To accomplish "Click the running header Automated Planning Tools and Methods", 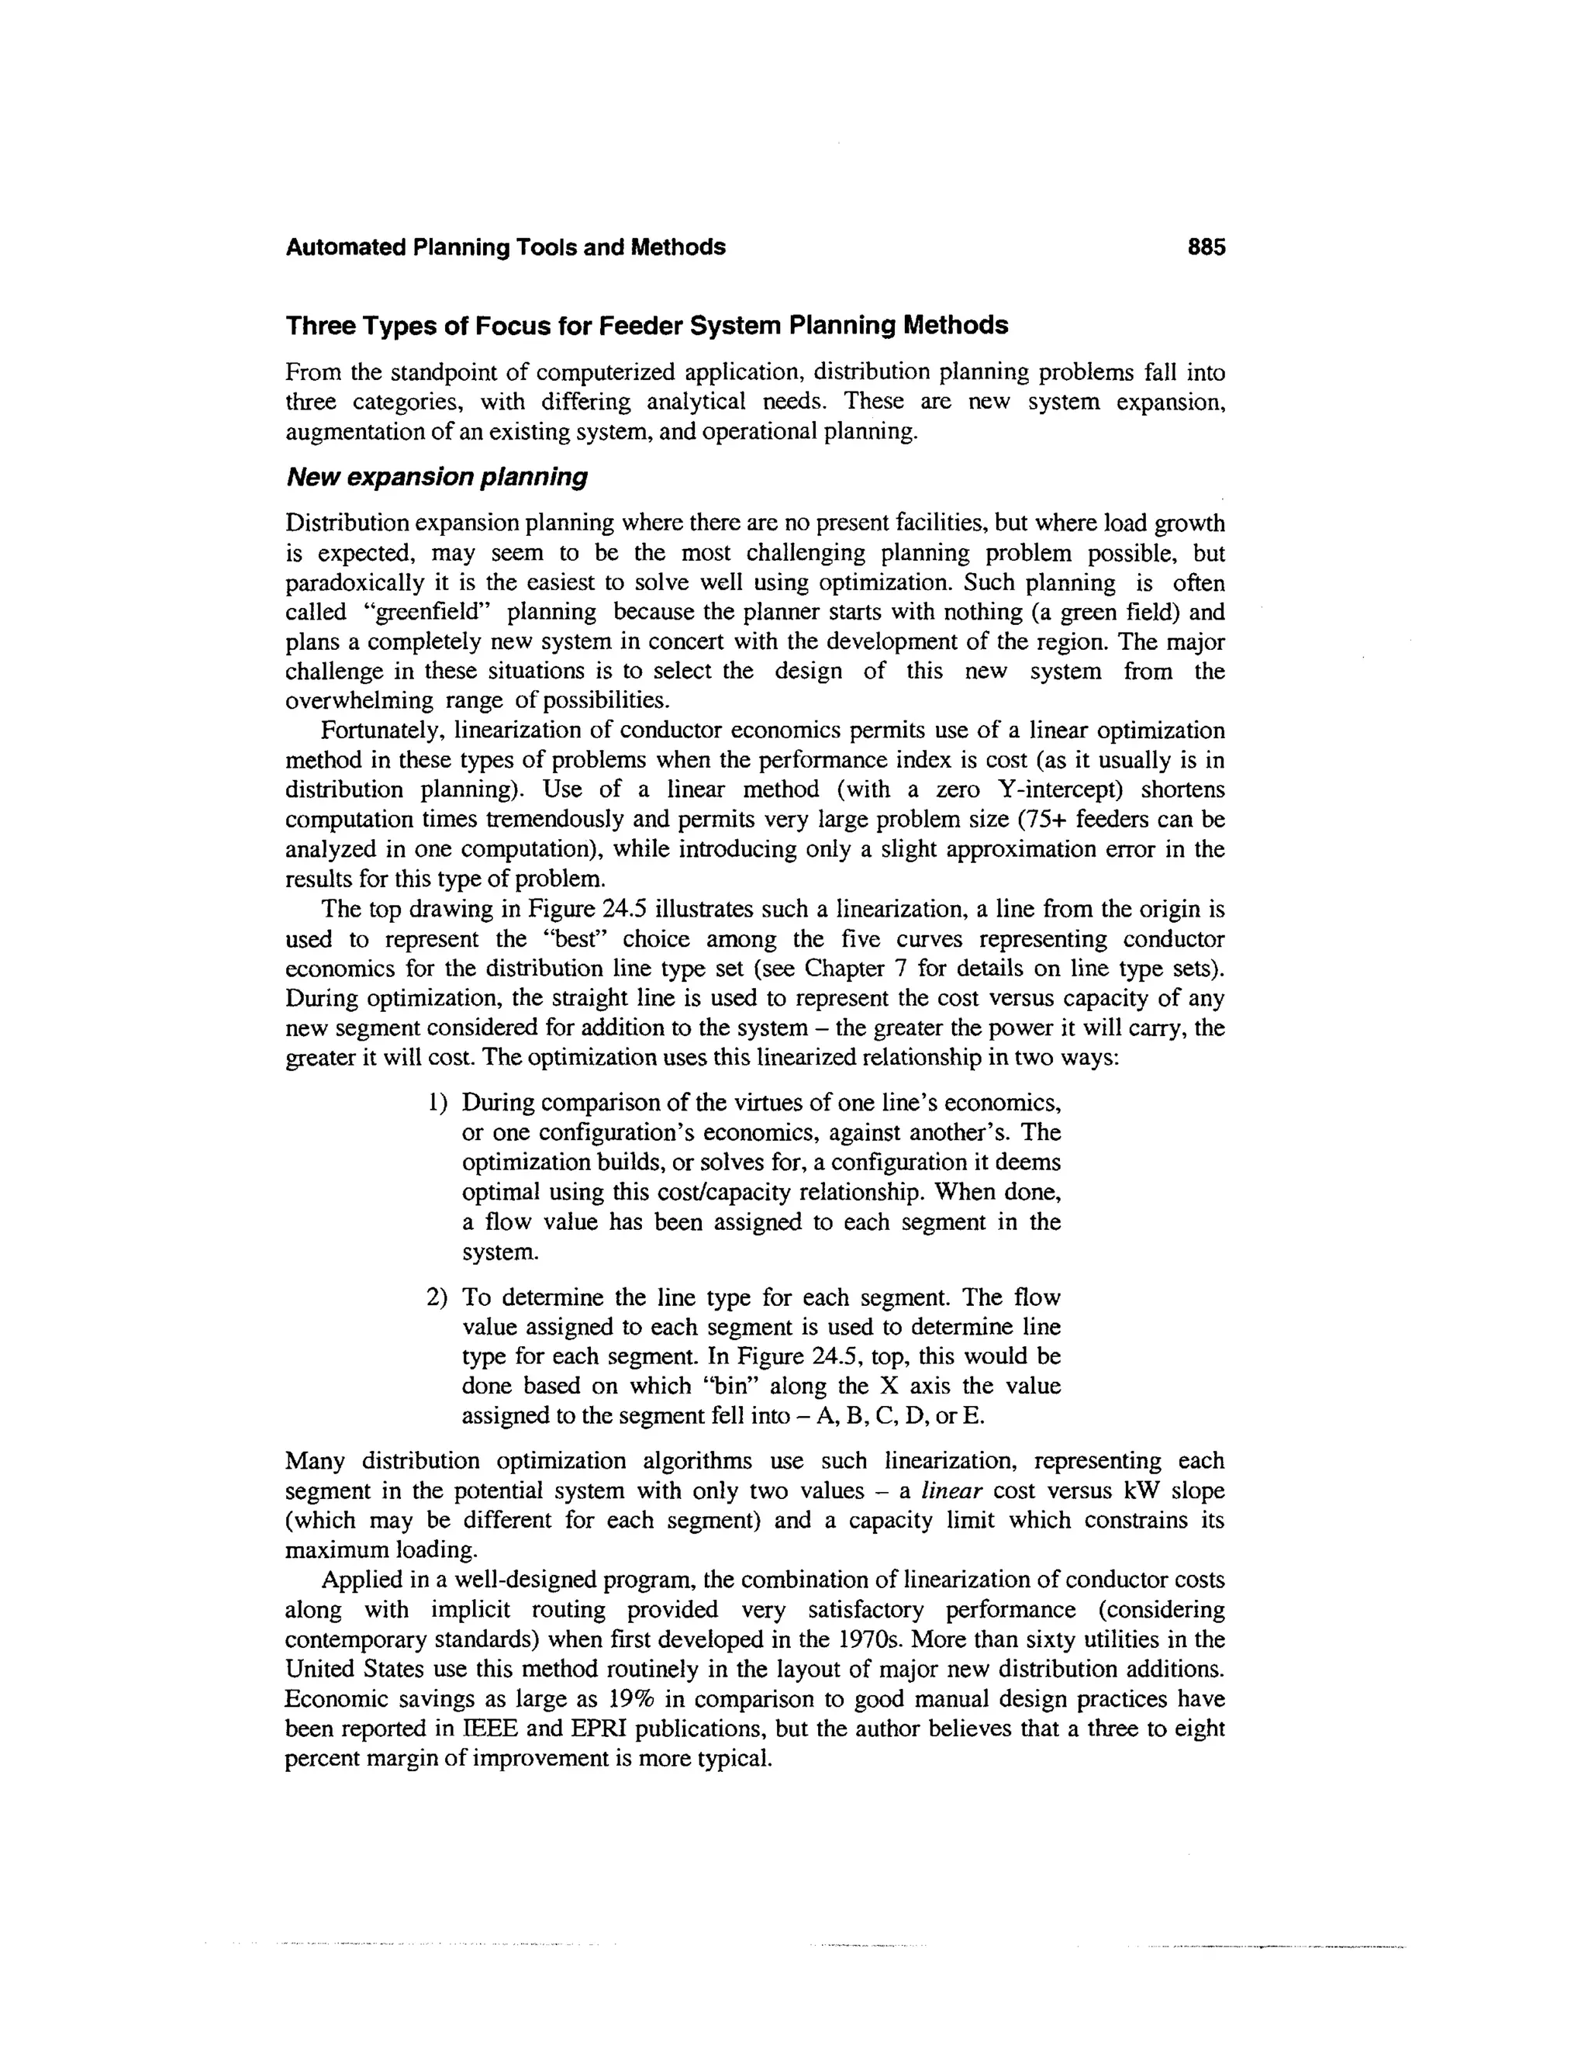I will point(506,247).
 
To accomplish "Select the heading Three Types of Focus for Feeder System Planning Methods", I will point(647,326).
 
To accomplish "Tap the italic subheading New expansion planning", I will point(437,477).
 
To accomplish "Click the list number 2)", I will point(437,1297).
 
